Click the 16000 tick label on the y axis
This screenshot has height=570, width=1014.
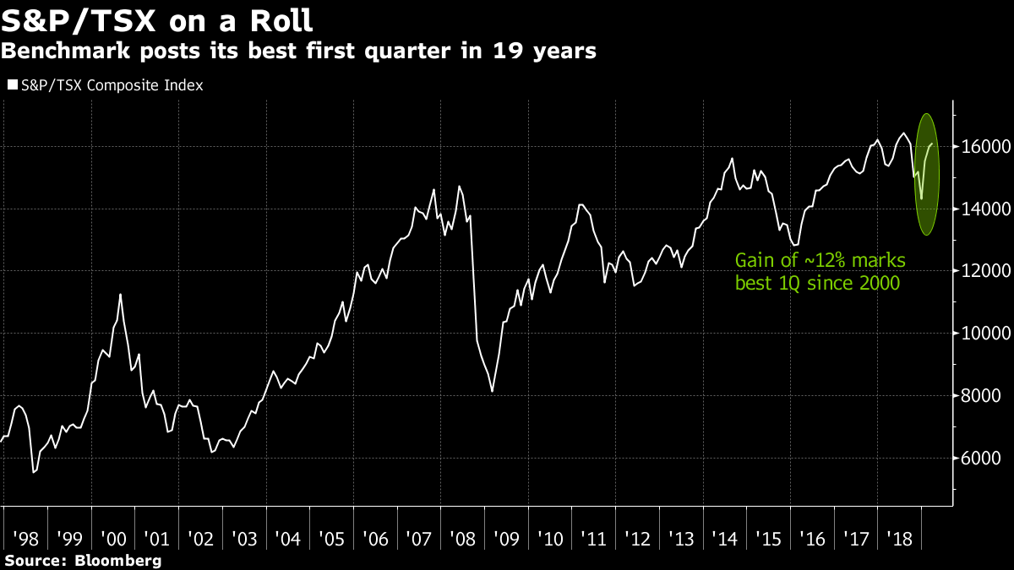pyautogui.click(x=983, y=146)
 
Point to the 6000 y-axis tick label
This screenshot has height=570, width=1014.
pyautogui.click(x=979, y=459)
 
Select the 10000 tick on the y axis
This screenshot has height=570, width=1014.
pyautogui.click(x=983, y=334)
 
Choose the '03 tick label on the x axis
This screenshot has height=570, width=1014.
pyautogui.click(x=243, y=538)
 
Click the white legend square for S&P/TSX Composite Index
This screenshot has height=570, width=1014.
pyautogui.click(x=12, y=85)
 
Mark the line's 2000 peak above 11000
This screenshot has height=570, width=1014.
pyautogui.click(x=120, y=294)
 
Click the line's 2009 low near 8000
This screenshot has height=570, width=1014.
pyautogui.click(x=493, y=391)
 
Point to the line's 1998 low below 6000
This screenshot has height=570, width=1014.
pyautogui.click(x=33, y=472)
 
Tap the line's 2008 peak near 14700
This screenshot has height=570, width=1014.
pyautogui.click(x=459, y=186)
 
